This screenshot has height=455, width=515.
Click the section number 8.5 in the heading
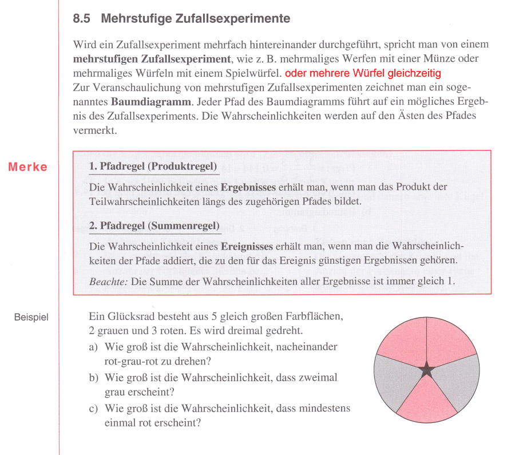83,19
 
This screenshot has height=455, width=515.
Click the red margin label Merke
28,167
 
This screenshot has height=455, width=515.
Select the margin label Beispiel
31,316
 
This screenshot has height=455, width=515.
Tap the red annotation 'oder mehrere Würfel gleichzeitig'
363,74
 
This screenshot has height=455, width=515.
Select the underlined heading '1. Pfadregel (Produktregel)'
153,167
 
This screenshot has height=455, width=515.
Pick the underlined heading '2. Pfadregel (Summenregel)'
154,225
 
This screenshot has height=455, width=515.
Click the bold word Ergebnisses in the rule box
248,187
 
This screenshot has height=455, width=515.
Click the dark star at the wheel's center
426,370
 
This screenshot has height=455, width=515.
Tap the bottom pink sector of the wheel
426,401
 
